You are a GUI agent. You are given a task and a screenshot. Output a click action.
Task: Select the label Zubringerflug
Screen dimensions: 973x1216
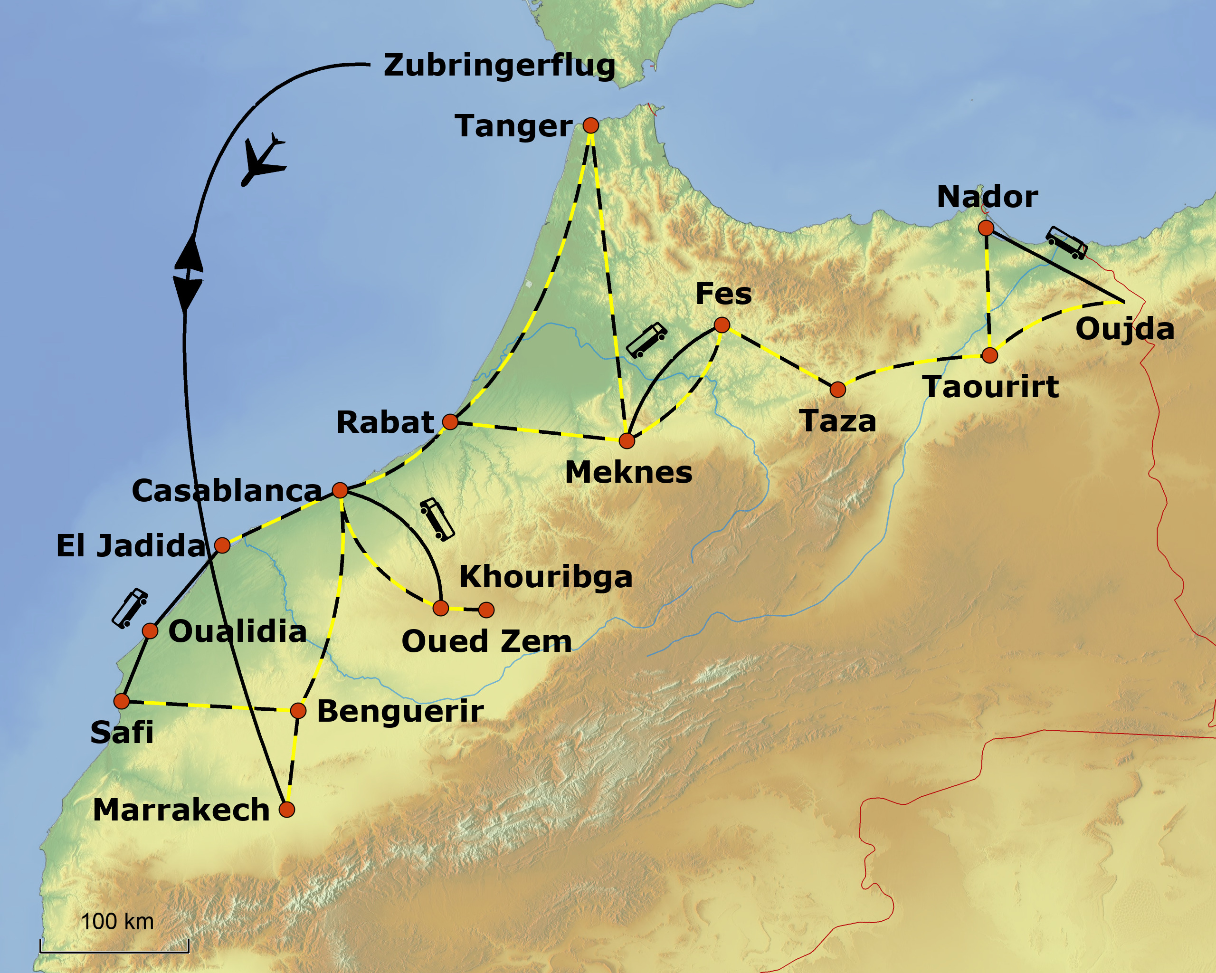pos(499,65)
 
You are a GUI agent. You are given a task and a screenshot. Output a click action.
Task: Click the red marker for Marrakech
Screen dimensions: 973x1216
pos(286,810)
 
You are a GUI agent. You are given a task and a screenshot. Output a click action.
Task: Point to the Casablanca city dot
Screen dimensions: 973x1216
pos(340,490)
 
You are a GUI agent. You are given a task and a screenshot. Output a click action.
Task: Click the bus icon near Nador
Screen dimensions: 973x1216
pos(1066,243)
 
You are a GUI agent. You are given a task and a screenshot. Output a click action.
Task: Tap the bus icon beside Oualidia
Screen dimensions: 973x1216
pos(130,608)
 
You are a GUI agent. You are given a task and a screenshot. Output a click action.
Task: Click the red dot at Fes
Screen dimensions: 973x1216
pos(722,324)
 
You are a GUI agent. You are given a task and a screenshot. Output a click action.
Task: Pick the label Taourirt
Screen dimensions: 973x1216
pos(990,387)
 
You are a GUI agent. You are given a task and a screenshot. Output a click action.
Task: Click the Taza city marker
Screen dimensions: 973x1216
pos(837,389)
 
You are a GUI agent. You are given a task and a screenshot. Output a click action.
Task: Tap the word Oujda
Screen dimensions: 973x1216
pos(1125,329)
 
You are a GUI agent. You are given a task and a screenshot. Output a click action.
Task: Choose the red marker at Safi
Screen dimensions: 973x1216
pos(121,701)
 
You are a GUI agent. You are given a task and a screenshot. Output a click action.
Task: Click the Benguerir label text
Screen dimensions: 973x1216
pos(400,711)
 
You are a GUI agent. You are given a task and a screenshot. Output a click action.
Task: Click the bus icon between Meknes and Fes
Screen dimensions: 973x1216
pos(646,340)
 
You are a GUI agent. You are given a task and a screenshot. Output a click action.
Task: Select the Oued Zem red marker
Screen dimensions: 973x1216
pos(440,608)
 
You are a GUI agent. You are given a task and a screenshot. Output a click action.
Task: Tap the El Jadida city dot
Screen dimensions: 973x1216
pos(222,545)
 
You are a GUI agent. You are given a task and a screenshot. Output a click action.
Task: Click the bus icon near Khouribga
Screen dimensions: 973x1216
pos(437,519)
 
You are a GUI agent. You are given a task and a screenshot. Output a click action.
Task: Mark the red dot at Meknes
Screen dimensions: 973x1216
pos(627,440)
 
